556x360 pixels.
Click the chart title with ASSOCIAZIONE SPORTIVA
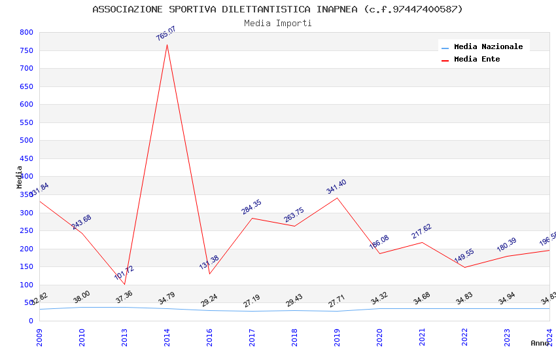(277, 9)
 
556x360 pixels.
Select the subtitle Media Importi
(277, 24)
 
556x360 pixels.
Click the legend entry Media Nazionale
(488, 47)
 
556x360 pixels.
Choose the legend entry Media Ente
(477, 60)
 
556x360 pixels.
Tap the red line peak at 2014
(167, 45)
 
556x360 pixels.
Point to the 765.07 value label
(166, 33)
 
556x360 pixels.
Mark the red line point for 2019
(337, 198)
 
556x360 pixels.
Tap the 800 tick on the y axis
(26, 32)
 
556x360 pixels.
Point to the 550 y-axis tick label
(26, 122)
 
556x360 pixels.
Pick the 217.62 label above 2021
(421, 231)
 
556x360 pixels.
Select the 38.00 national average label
(82, 297)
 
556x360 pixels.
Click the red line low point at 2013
(124, 284)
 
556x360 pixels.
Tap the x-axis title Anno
(540, 343)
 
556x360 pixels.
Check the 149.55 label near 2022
(464, 256)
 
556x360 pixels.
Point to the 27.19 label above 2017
(251, 301)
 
